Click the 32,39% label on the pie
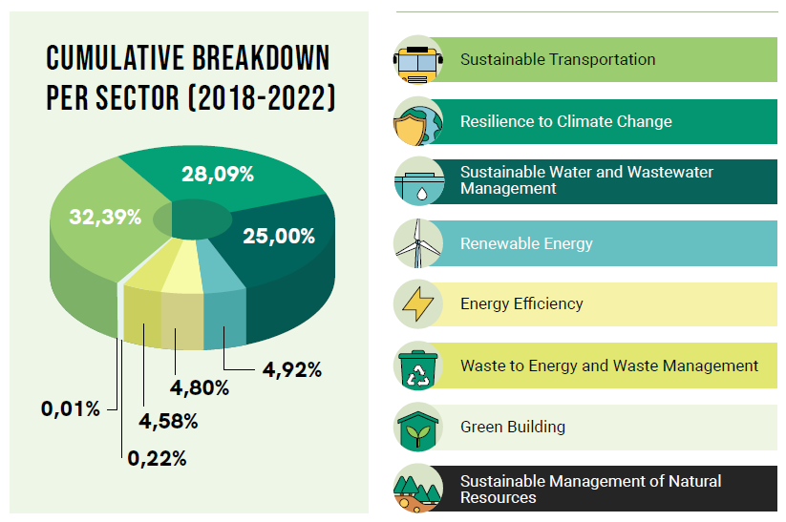[105, 217]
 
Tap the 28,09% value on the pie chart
[218, 175]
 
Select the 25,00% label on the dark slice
[279, 236]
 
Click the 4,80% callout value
[199, 387]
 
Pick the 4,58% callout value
[168, 421]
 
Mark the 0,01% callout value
[71, 409]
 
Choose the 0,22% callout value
[157, 458]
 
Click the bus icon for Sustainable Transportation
[418, 60]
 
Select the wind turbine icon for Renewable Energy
[418, 243]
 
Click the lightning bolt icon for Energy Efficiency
[418, 304]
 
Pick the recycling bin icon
[418, 366]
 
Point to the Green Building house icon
[418, 428]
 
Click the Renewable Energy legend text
[526, 243]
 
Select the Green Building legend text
[513, 427]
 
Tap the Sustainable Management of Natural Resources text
[590, 489]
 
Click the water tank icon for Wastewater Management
[418, 181]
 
